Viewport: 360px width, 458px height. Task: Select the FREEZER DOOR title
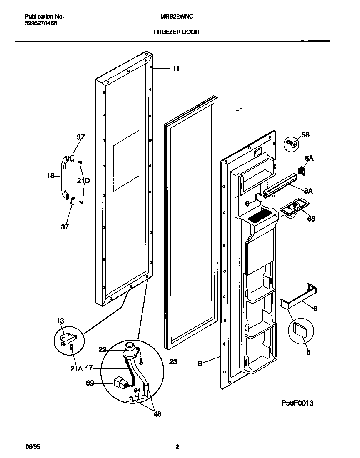click(177, 32)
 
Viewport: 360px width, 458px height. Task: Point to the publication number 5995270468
click(41, 23)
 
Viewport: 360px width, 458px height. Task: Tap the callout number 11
click(176, 69)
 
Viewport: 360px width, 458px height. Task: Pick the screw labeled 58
click(291, 144)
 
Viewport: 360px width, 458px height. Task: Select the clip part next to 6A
click(301, 171)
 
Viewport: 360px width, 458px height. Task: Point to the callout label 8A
click(309, 191)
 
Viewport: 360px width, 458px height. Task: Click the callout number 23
click(172, 362)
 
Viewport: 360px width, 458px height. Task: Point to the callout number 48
click(157, 414)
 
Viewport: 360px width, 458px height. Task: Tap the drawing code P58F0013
click(297, 403)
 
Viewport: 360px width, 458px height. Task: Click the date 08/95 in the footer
click(32, 447)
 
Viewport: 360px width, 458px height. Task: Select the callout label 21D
click(83, 180)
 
